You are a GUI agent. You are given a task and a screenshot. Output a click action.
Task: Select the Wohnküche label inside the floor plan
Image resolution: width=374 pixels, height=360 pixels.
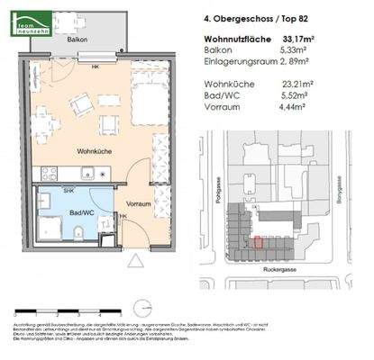94,153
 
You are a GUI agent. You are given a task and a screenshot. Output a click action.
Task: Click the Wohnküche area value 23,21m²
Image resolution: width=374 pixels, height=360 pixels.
321,86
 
